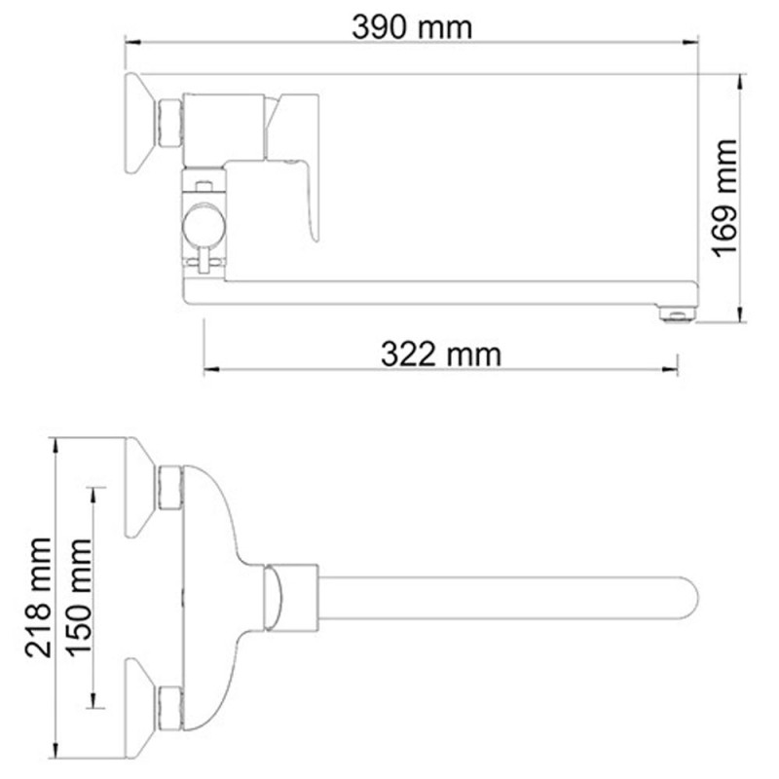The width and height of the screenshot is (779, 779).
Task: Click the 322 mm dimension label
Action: (x=441, y=353)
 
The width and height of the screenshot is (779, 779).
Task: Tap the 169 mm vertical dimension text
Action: (x=725, y=199)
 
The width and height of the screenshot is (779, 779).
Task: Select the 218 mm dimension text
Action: (x=39, y=597)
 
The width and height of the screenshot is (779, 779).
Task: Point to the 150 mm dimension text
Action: (x=79, y=597)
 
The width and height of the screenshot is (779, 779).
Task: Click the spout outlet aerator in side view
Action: (x=678, y=313)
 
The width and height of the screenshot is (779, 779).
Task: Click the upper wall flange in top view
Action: (x=141, y=487)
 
